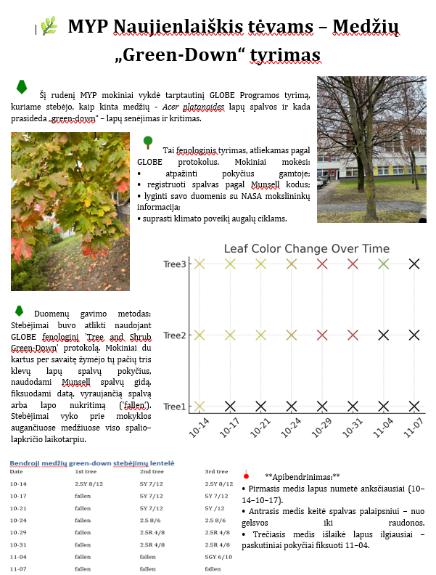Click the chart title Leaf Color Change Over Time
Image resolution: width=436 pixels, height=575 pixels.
pyautogui.click(x=306, y=248)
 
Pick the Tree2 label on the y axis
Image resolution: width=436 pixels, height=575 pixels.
pyautogui.click(x=175, y=335)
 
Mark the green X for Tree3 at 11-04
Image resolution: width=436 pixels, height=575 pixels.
pyautogui.click(x=384, y=264)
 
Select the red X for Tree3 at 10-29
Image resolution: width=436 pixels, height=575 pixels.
pyautogui.click(x=322, y=264)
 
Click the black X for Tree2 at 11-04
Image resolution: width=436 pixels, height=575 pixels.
pyautogui.click(x=384, y=335)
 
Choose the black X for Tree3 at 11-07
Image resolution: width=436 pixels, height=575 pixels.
pyautogui.click(x=414, y=264)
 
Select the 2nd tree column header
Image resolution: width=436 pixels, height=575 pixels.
pyautogui.click(x=152, y=471)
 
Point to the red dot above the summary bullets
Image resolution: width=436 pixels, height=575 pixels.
pyautogui.click(x=247, y=476)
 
